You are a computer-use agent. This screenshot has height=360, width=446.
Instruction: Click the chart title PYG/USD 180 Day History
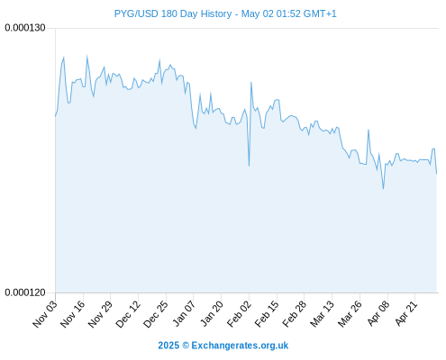173,13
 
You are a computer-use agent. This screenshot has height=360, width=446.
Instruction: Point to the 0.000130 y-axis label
25,28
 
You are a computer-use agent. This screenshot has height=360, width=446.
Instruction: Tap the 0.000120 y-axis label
25,292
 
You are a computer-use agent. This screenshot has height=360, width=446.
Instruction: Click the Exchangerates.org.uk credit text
240,346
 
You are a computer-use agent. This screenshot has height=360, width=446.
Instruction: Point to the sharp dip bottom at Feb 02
249,166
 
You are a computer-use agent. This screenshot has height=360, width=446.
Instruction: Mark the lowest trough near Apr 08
383,189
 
